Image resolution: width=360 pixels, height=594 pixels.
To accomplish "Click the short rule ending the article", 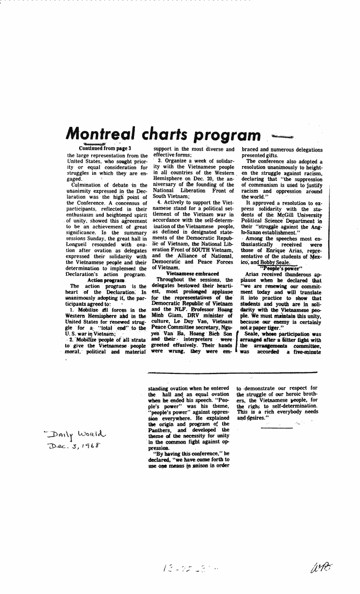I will tap(276, 428).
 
